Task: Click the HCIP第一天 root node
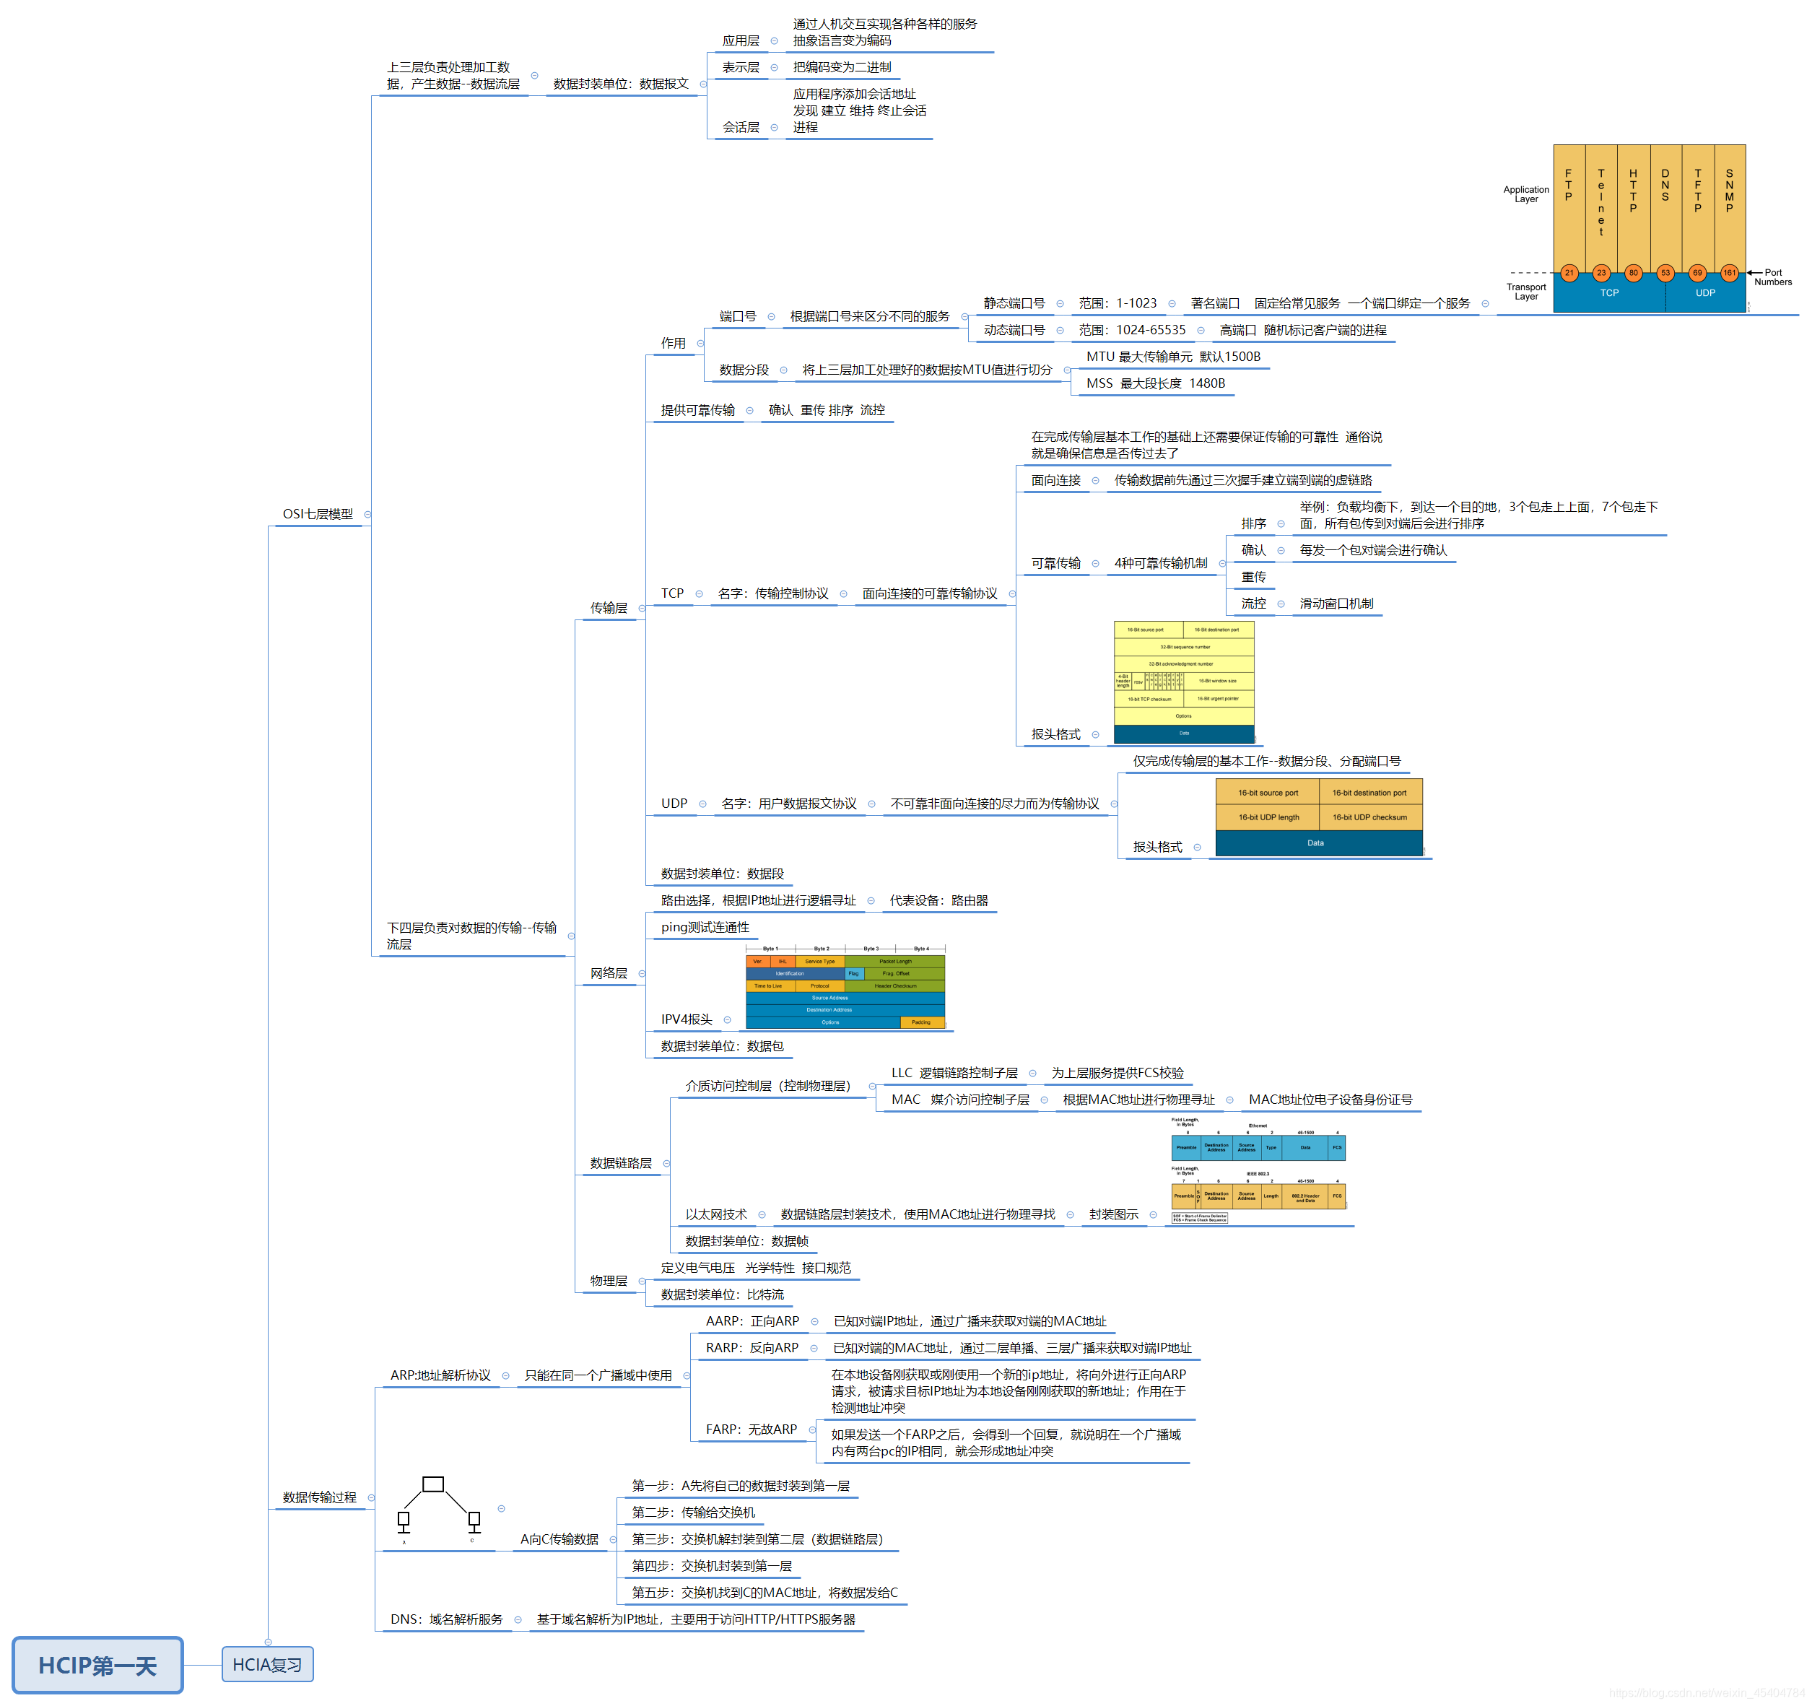coord(97,1665)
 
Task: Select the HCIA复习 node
coord(267,1664)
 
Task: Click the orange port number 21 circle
coord(1569,272)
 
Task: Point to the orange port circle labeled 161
coord(1729,272)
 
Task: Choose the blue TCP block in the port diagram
coord(1608,293)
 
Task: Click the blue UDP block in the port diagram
coord(1704,293)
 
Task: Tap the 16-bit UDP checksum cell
coord(1369,817)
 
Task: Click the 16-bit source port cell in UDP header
coord(1268,793)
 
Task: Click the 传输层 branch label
coord(608,608)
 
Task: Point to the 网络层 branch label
coord(608,973)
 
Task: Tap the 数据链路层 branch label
coord(621,1163)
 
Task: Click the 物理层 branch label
coord(608,1281)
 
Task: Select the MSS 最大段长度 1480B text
coord(1155,383)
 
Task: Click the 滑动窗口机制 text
coord(1336,604)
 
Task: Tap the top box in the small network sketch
coord(433,1484)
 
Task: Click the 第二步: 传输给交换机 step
coord(693,1512)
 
